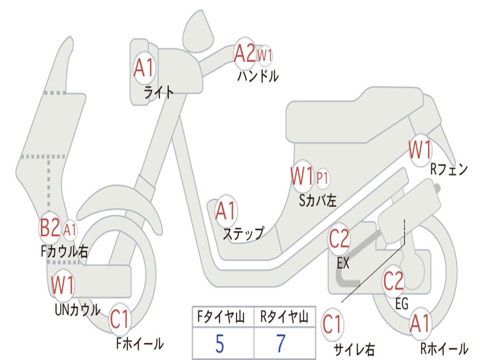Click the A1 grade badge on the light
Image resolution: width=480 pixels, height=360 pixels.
[x=144, y=68]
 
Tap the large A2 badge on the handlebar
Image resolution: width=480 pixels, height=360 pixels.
[x=244, y=53]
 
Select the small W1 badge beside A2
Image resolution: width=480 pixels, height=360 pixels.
[x=264, y=55]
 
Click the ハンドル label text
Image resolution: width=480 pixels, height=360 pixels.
[x=258, y=76]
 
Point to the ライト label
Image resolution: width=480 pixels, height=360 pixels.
[x=159, y=92]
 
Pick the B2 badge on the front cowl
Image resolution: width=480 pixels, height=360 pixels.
[x=50, y=228]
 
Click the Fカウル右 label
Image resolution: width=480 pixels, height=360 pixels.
[x=64, y=251]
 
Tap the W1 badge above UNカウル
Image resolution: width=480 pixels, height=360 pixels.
[x=62, y=285]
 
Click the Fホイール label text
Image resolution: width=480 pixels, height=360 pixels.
[x=140, y=344]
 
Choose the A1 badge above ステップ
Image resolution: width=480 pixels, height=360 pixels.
[x=225, y=211]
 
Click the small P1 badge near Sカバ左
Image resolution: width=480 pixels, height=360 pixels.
[x=322, y=178]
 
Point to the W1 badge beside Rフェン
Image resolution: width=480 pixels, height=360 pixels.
[x=420, y=150]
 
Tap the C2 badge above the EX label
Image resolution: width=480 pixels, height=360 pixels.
[x=339, y=239]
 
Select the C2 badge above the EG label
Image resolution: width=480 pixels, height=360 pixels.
[x=394, y=281]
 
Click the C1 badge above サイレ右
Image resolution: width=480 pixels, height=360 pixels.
[x=332, y=324]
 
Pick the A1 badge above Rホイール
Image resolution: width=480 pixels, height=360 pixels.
[x=420, y=323]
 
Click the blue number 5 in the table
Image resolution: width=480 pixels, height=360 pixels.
[x=219, y=344]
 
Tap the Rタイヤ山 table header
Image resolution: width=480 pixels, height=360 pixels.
[x=285, y=317]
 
